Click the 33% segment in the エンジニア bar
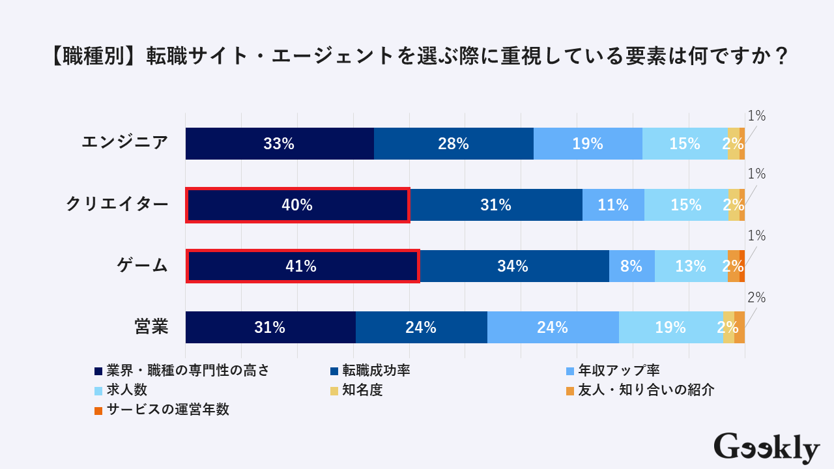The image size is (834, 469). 280,144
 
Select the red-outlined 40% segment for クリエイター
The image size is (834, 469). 297,205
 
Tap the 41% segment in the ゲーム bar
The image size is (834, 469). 302,266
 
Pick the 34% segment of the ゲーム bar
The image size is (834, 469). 513,266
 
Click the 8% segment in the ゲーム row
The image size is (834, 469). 631,266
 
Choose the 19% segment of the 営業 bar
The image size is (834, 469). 670,328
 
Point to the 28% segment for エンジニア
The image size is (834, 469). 453,144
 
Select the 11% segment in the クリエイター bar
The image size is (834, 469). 613,205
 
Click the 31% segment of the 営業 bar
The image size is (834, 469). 270,328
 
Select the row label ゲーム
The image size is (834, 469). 143,265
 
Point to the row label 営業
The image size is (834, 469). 152,326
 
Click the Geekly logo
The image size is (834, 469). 766,448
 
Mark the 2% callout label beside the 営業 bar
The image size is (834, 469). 756,298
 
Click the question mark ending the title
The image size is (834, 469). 782,57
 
